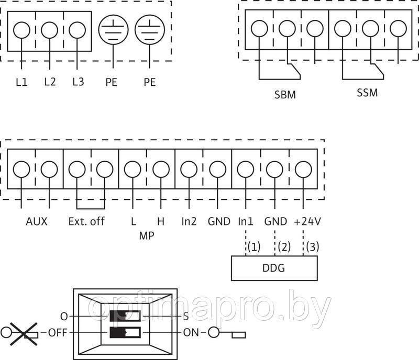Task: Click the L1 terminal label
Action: coord(21,82)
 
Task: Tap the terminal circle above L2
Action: coord(49,30)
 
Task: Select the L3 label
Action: coord(78,82)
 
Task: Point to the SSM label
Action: coord(367,93)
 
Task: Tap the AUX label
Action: coord(37,221)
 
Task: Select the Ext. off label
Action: coord(86,221)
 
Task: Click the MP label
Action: coord(146,235)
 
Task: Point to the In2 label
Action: coord(189,221)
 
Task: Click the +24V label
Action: coord(307,221)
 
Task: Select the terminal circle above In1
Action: coord(245,170)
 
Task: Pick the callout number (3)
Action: coord(312,246)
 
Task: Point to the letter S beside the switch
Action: coord(185,317)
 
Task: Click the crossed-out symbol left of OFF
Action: coord(19,332)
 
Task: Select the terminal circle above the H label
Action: coord(161,170)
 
